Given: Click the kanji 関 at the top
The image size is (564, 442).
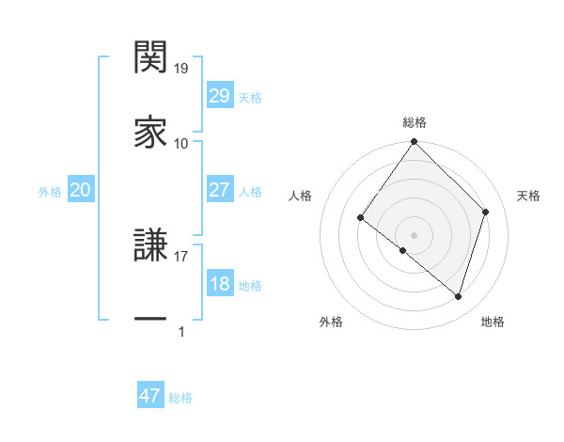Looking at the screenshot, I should point(150,58).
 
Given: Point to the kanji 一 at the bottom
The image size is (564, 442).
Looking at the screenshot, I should point(150,319).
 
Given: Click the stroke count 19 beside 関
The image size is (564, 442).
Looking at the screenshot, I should point(181,69).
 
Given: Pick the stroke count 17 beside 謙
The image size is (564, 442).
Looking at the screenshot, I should point(181,253).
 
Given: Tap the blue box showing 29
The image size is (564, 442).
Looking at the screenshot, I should point(219,96).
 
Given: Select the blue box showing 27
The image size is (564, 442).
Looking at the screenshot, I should point(219,190).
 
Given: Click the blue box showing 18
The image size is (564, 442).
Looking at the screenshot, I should point(219,284).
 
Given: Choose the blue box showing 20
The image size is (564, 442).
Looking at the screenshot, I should point(80,190).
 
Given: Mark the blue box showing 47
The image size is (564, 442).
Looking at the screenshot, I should point(150,396).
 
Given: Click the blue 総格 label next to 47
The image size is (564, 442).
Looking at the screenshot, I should point(180,398).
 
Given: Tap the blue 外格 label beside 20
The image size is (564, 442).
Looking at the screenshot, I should point(50,192).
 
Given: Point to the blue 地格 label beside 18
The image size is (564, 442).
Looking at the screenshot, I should point(250,286).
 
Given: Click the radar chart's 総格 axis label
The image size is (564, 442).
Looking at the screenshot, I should point(414,122).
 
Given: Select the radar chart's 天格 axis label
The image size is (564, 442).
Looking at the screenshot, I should point(528,196).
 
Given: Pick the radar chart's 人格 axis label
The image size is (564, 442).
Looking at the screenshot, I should point(300,196).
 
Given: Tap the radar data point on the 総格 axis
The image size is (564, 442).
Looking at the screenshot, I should point(414,143).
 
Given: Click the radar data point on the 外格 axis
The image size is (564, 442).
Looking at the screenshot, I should point(403,250).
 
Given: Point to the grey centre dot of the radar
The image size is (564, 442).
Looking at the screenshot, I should point(414,234).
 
